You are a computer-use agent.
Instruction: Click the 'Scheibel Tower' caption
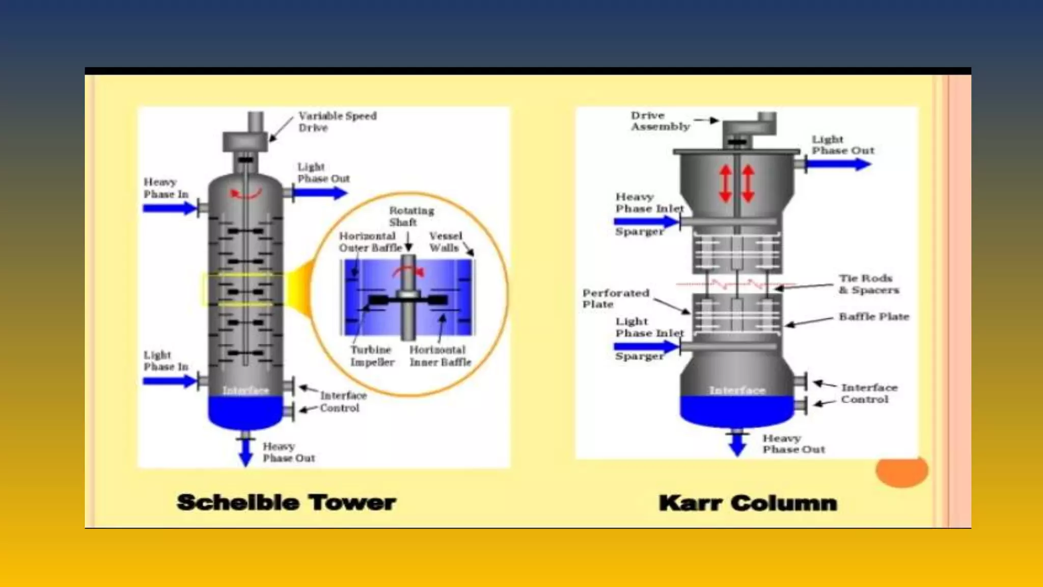pos(286,502)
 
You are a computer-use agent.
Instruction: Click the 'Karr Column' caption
pos(748,503)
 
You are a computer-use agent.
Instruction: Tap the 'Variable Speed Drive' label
pos(337,122)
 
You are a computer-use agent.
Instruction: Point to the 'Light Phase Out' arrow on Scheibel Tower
pos(320,193)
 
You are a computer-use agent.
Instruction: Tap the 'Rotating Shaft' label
pos(411,216)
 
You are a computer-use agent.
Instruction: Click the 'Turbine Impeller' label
pos(372,356)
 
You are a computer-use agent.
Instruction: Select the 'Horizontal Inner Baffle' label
pos(440,356)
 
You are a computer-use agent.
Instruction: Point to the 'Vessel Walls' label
pos(445,242)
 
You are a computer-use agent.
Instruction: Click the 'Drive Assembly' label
pos(660,121)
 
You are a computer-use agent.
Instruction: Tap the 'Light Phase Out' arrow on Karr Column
pos(838,164)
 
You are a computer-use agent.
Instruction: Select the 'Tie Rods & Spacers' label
pos(868,284)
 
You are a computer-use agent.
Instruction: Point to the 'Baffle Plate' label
pos(873,316)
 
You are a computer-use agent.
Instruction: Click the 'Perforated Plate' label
pos(615,299)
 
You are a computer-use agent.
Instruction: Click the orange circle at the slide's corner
pos(901,471)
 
